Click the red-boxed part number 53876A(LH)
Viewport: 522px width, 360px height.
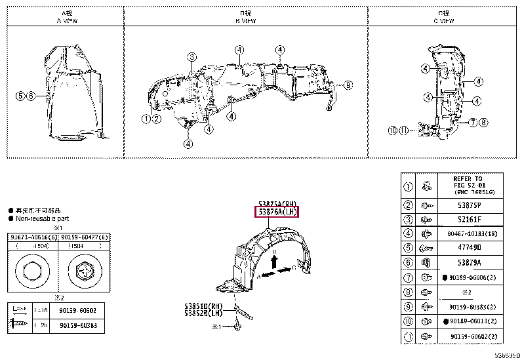point(277,212)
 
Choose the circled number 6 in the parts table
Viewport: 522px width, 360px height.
point(408,262)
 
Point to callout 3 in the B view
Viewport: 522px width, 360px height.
point(191,56)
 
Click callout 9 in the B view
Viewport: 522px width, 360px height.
point(348,85)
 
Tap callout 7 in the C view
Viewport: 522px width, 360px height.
point(472,122)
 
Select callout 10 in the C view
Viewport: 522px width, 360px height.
point(393,130)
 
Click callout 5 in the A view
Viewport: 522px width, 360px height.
point(20,96)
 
